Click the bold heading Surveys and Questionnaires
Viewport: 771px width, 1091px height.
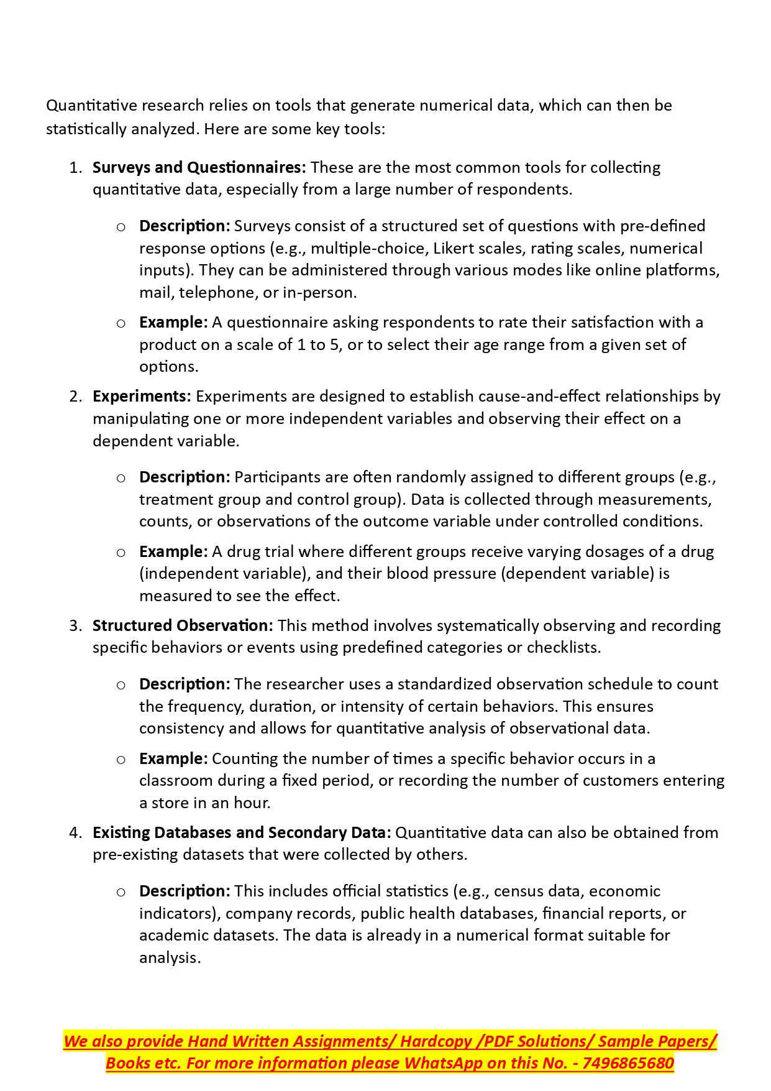(199, 168)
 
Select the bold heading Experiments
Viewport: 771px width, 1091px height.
(142, 397)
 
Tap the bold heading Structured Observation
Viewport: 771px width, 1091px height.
(183, 625)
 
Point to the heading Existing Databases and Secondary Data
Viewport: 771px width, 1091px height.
(242, 832)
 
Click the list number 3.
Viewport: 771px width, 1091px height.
(75, 625)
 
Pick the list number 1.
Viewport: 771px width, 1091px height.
(75, 168)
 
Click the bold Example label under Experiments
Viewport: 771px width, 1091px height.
(173, 552)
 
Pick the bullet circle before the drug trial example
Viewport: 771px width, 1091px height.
(121, 553)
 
